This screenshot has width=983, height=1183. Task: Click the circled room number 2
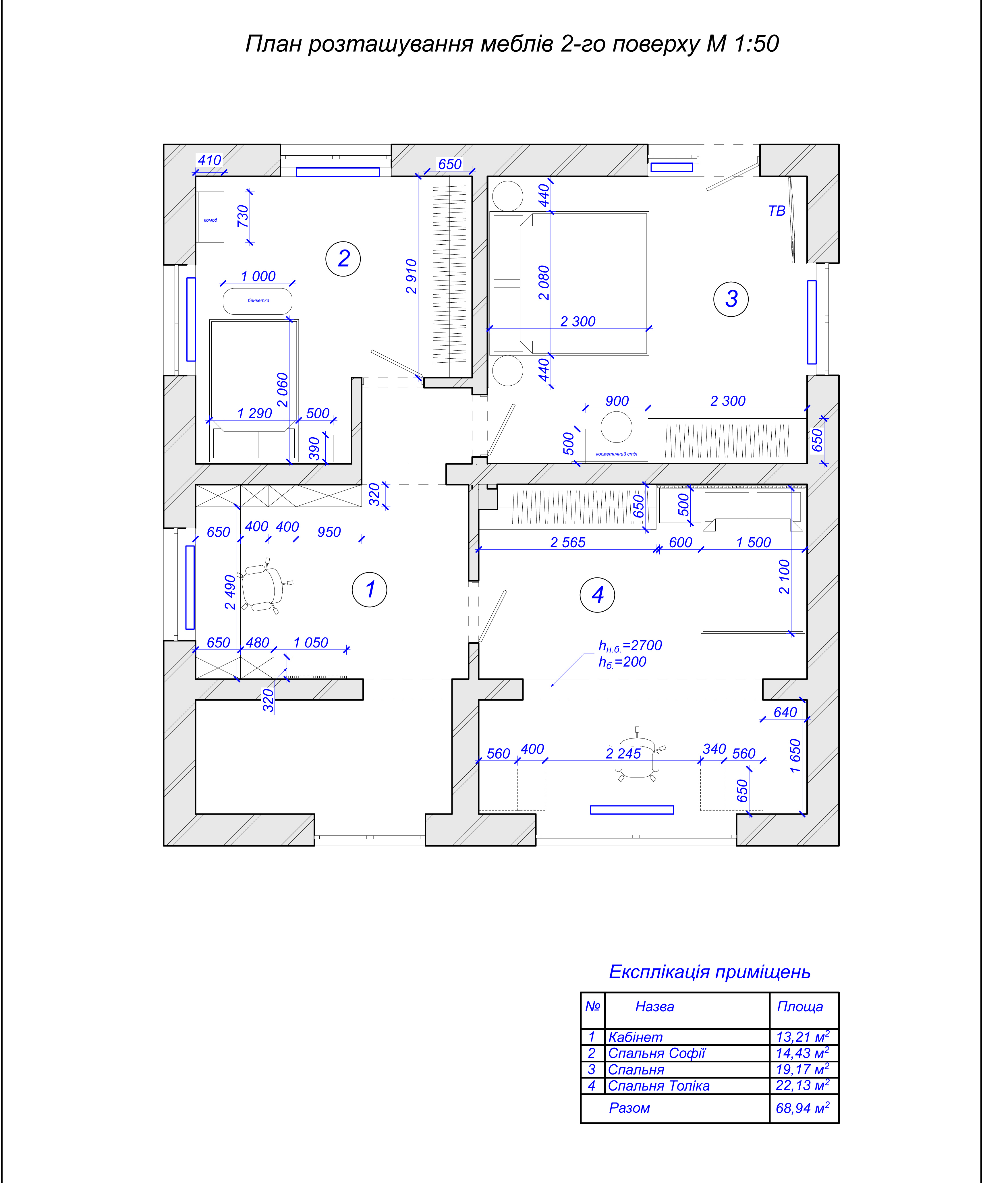343,259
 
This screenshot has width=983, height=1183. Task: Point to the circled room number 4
597,594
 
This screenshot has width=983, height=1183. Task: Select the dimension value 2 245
623,753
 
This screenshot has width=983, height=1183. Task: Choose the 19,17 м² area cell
802,1069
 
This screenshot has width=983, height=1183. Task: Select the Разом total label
629,1108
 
